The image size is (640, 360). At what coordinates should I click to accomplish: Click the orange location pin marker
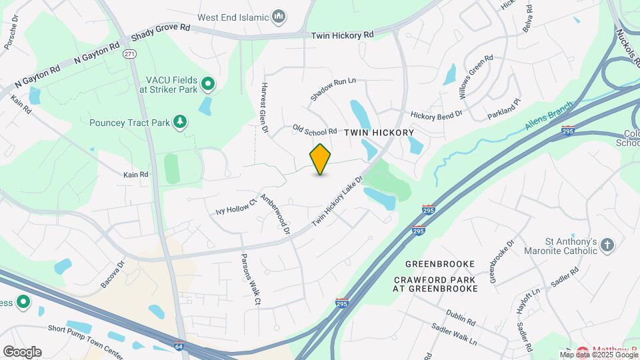(321, 159)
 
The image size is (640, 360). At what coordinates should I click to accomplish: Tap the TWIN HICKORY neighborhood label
(379, 133)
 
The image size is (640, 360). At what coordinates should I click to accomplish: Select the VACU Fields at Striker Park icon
(208, 83)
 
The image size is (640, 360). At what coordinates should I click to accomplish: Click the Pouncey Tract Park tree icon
(179, 121)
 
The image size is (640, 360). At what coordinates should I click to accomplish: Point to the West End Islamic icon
(280, 15)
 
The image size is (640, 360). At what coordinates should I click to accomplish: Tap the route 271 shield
(129, 53)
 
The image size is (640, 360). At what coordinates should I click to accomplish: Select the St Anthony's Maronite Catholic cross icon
(607, 245)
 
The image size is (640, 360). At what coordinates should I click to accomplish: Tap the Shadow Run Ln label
(333, 89)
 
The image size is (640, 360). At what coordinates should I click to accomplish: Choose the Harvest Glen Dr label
(264, 107)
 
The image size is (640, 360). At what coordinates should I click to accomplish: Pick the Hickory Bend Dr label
(437, 115)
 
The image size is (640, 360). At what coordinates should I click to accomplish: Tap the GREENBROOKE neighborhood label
(435, 263)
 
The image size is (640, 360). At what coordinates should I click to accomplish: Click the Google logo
(22, 351)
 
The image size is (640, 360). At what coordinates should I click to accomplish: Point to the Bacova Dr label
(113, 274)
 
